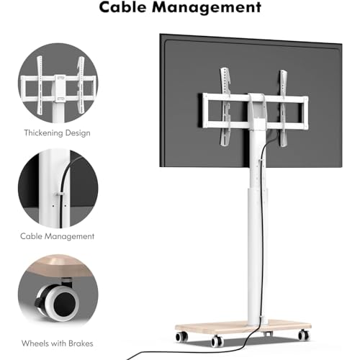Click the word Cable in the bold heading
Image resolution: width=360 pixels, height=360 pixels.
[122, 7]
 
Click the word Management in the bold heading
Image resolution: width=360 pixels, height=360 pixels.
[207, 8]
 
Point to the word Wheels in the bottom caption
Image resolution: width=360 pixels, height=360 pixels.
[35, 343]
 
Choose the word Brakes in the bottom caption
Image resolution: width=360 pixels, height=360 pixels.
[81, 343]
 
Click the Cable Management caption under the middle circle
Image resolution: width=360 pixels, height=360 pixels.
[57, 236]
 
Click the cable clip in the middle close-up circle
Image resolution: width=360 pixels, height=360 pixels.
[59, 194]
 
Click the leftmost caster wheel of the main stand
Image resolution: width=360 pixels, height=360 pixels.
[181, 336]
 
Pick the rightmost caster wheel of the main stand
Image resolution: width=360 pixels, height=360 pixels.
[304, 335]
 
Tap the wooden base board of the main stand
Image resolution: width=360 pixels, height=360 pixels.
[243, 326]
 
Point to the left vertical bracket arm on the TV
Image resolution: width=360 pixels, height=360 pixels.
[225, 107]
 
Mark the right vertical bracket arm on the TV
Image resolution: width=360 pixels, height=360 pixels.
[284, 108]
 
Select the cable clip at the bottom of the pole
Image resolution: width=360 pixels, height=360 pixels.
[262, 319]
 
